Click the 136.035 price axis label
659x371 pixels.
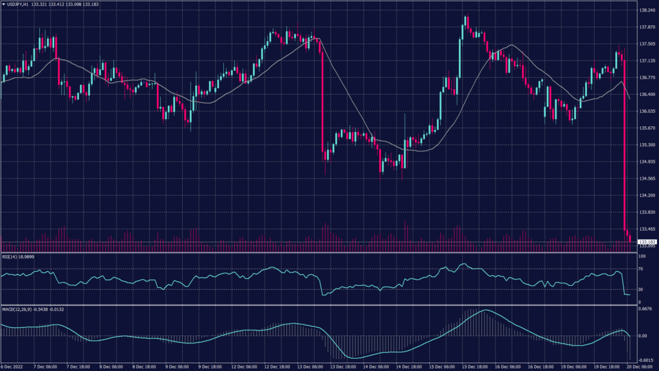(647, 111)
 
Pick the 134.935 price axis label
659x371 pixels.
(647, 162)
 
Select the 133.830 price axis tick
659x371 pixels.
(647, 212)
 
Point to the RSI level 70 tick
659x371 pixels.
(642, 269)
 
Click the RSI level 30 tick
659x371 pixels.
(642, 289)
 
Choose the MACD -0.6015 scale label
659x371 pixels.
(646, 360)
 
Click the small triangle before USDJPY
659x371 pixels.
(3, 4)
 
